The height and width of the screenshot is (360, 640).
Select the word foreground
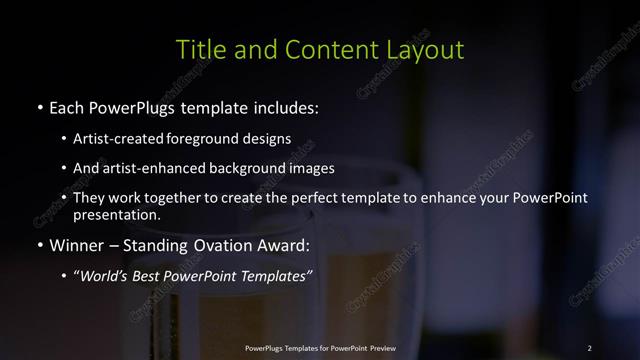205,139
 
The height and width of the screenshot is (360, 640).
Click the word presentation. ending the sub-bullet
117,215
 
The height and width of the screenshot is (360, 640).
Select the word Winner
78,244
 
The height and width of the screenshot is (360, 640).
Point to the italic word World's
105,274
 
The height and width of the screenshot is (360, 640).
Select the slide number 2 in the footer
589,348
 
